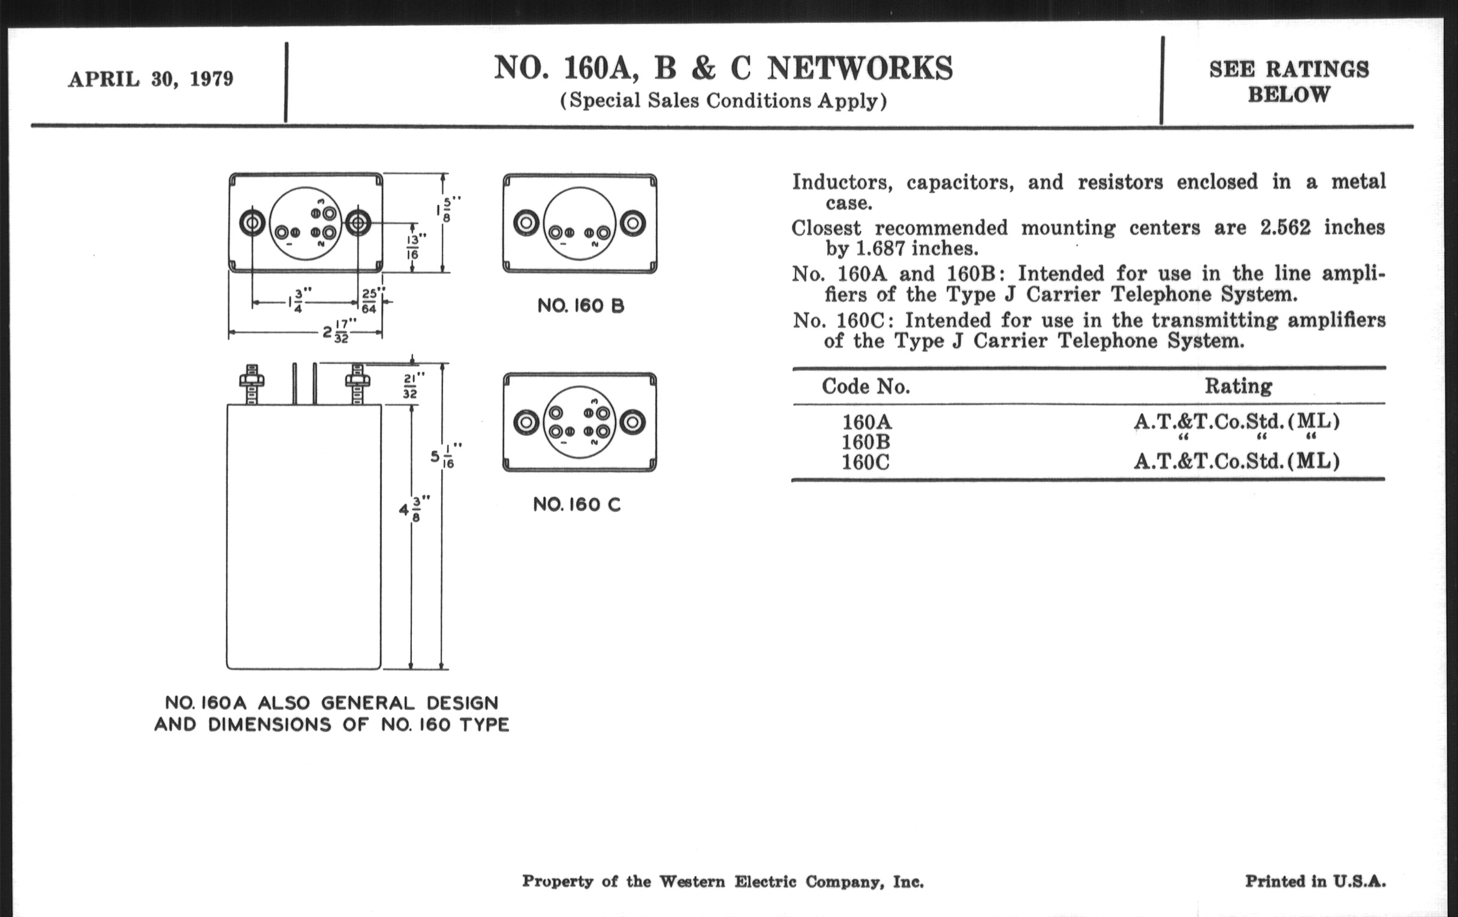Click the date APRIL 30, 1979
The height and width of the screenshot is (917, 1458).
click(150, 79)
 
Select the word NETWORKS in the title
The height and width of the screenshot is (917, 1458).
click(860, 68)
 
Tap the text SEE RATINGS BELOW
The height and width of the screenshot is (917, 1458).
click(1288, 82)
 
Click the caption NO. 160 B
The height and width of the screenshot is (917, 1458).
click(580, 306)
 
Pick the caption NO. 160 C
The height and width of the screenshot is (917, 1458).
click(576, 504)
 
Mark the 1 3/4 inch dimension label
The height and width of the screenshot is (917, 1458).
click(300, 301)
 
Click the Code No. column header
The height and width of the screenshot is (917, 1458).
click(866, 386)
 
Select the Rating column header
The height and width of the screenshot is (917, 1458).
click(1237, 385)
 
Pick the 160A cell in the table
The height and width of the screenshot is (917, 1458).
click(867, 421)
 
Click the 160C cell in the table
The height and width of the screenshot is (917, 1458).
click(866, 463)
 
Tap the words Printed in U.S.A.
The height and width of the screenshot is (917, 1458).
click(1315, 881)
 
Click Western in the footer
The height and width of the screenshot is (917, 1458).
click(691, 881)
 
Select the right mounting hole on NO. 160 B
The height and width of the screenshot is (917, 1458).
click(632, 224)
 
